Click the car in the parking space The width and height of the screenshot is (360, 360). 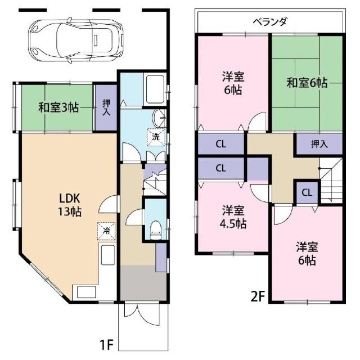[x=76, y=39]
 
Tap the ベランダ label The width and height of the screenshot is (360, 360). [x=270, y=22]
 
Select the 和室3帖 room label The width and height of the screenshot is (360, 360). [x=58, y=107]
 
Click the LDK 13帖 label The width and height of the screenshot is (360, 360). [x=70, y=205]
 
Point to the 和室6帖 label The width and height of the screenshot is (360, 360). [x=307, y=83]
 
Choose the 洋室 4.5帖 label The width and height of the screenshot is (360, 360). [x=233, y=217]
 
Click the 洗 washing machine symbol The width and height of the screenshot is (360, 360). [x=156, y=137]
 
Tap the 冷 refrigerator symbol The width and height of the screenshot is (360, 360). [x=106, y=231]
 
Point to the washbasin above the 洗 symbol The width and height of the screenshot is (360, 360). [x=159, y=118]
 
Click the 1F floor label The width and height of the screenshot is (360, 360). [x=106, y=345]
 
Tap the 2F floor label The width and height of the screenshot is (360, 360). [x=258, y=296]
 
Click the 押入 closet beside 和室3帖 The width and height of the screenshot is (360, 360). [x=106, y=107]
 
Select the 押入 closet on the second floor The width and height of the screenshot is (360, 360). [x=319, y=144]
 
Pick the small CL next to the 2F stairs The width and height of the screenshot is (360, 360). [x=307, y=192]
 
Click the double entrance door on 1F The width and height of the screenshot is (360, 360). [x=142, y=314]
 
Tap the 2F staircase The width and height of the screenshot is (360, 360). [x=331, y=181]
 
